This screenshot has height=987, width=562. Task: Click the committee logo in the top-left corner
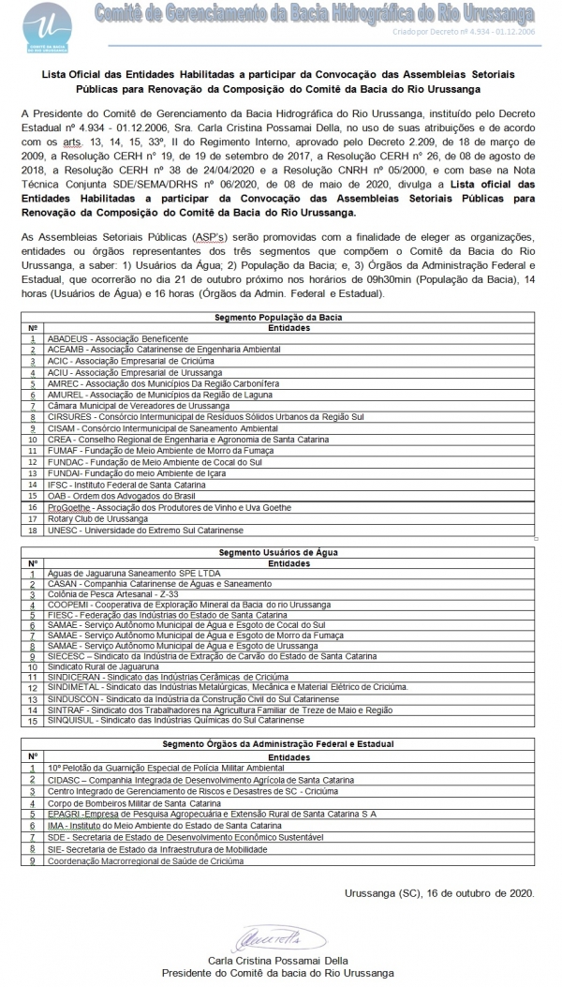(45, 25)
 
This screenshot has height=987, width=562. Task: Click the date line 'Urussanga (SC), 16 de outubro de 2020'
(439, 893)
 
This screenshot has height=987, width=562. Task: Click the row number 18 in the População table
(33, 530)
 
